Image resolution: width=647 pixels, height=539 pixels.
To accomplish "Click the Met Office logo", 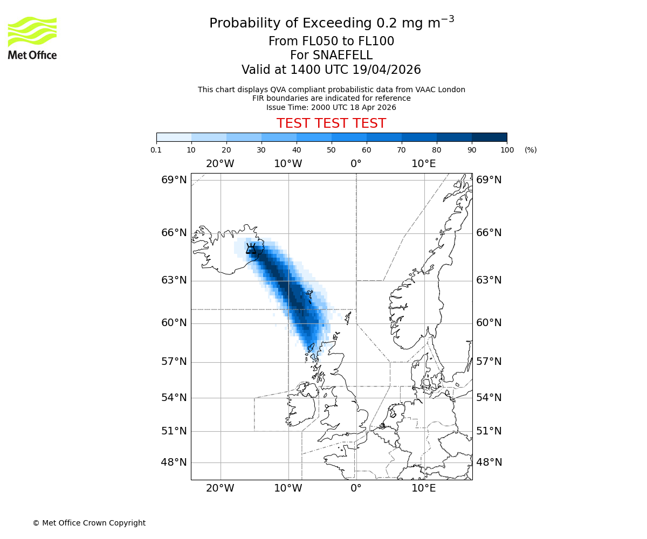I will (x=32, y=38).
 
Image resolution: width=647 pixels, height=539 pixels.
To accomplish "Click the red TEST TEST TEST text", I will (x=331, y=123).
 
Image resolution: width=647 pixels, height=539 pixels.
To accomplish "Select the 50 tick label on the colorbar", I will (x=331, y=150).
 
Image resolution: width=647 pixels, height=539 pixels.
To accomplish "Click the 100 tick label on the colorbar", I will (x=506, y=150).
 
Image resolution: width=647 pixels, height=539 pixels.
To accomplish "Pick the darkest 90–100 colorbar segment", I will (x=489, y=137).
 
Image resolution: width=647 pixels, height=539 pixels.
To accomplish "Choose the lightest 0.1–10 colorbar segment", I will (x=174, y=137).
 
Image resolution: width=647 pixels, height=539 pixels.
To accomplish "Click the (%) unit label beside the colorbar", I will (x=531, y=150).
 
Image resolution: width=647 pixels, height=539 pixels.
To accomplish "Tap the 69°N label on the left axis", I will (x=174, y=180).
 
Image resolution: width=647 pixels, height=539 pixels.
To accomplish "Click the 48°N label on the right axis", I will (x=488, y=462).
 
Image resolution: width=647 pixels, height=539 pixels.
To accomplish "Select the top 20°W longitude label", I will (x=220, y=164).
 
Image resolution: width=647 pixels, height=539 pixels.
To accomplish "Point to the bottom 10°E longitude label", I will (x=424, y=489).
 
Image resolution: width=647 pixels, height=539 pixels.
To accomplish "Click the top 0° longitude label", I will (x=356, y=164).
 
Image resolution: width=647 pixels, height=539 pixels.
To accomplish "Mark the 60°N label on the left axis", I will (x=174, y=323).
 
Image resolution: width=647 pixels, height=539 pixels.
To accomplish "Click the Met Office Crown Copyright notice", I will (x=89, y=523).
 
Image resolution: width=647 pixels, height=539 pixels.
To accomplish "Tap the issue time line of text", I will (x=331, y=107).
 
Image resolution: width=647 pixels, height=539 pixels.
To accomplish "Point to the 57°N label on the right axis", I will (x=488, y=362).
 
